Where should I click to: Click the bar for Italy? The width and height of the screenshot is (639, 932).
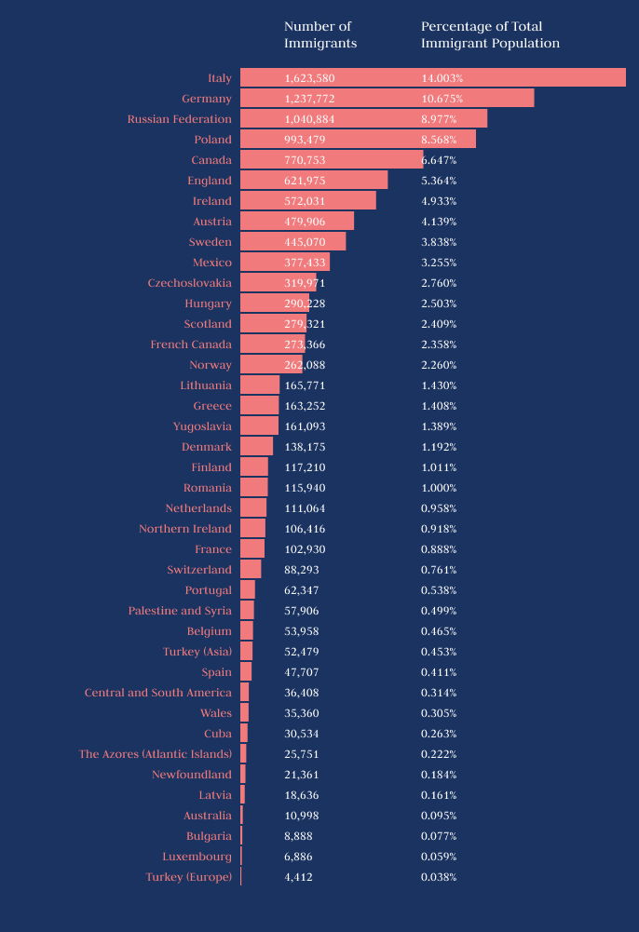(432, 78)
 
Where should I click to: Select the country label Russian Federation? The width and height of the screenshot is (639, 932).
(180, 119)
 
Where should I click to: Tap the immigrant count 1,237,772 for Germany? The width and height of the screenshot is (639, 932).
(309, 99)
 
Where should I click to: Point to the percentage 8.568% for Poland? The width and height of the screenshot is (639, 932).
(442, 140)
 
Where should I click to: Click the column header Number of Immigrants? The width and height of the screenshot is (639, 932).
(320, 34)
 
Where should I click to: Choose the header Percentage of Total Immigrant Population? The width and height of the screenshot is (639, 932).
(490, 34)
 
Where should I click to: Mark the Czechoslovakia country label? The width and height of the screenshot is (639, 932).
(189, 283)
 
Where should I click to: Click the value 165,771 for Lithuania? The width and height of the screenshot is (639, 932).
(305, 385)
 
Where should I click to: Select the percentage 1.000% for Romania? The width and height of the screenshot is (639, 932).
(439, 488)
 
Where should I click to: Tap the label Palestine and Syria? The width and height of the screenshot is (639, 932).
(180, 611)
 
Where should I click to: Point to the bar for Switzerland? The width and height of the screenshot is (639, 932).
(251, 570)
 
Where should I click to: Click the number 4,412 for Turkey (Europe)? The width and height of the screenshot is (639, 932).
(298, 877)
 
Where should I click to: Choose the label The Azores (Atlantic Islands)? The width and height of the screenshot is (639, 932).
(156, 754)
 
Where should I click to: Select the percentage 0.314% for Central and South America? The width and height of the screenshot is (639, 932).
(439, 693)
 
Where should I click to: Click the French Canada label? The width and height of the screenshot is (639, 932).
(191, 344)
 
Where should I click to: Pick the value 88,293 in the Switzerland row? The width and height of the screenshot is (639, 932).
(302, 570)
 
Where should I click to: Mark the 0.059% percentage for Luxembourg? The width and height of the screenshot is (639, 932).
(439, 857)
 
